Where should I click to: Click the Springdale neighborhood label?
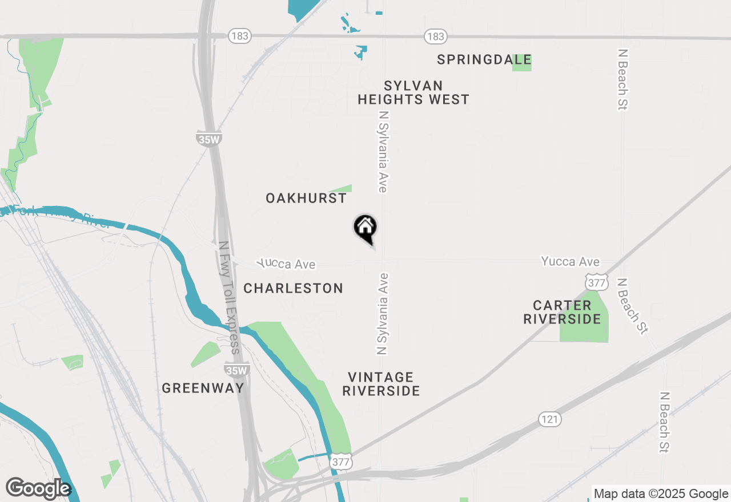484,59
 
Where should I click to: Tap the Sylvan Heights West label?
413,92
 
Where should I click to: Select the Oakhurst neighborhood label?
306,198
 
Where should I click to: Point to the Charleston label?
294,288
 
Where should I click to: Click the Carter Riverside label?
563,312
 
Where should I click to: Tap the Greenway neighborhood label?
203,388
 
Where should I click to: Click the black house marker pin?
365,229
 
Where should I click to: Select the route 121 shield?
549,419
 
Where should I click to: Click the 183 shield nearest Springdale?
435,37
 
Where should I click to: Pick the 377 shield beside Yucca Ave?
596,281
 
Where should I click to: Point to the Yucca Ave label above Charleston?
286,264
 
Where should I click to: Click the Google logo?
38,488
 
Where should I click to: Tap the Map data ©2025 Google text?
661,494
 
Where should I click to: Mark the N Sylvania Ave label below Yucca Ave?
382,314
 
